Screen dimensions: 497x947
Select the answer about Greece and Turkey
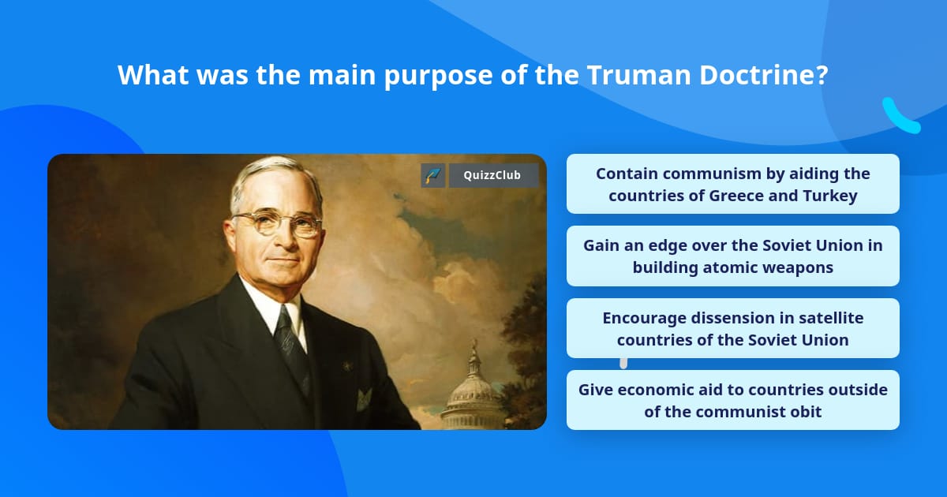point(732,184)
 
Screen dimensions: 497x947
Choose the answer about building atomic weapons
point(732,256)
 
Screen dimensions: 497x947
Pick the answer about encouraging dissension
point(732,328)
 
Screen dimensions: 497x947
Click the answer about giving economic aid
point(732,400)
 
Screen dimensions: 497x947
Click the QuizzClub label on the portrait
point(493,175)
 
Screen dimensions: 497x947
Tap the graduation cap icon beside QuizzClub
point(433,175)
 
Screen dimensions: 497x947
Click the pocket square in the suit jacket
point(364,398)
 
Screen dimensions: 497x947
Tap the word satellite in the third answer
point(828,317)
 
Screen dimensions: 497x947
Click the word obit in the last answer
point(806,411)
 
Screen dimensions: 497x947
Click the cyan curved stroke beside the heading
point(900,117)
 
